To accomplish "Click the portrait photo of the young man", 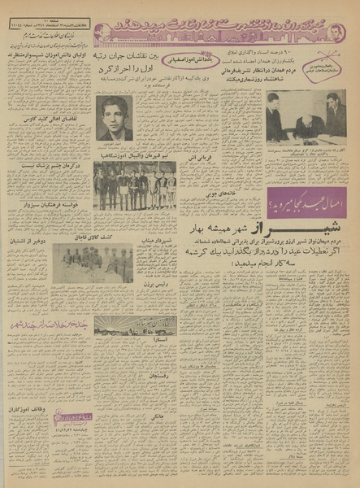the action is click(114, 119).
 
